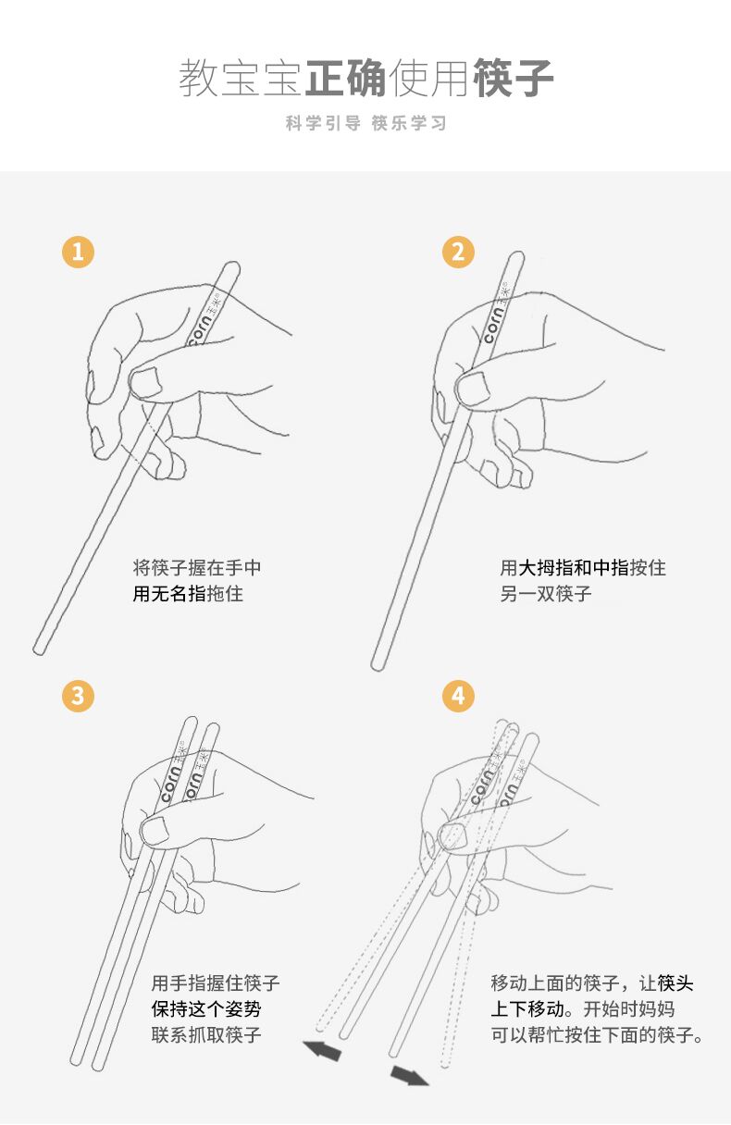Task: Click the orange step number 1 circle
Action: pyautogui.click(x=78, y=252)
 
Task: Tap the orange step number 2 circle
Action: pyautogui.click(x=458, y=252)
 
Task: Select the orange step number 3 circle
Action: pyautogui.click(x=78, y=696)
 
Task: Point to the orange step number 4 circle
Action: pyautogui.click(x=458, y=696)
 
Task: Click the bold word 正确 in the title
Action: pyautogui.click(x=346, y=78)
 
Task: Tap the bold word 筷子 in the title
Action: pyautogui.click(x=513, y=78)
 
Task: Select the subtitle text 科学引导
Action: pyautogui.click(x=323, y=123)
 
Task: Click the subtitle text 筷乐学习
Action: pyautogui.click(x=409, y=123)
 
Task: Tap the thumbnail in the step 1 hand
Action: pyautogui.click(x=145, y=382)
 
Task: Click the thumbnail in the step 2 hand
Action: pyautogui.click(x=472, y=389)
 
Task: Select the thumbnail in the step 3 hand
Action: pyautogui.click(x=155, y=830)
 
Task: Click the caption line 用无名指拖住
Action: pyautogui.click(x=188, y=594)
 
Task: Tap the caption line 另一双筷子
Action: pyautogui.click(x=546, y=594)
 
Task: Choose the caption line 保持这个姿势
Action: pyautogui.click(x=206, y=1008)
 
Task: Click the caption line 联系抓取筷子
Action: pyautogui.click(x=206, y=1034)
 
